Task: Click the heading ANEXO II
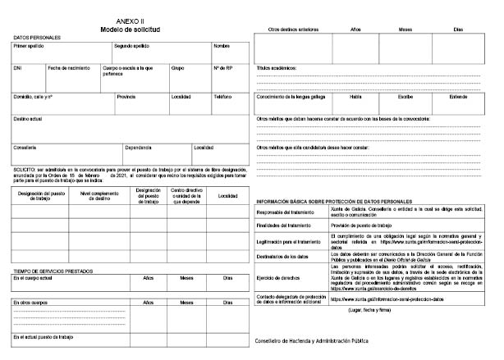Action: click(x=131, y=20)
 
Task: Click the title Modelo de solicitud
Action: click(x=131, y=28)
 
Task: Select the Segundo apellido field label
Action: click(x=131, y=46)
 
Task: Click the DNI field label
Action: click(x=17, y=67)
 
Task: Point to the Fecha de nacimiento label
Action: click(x=67, y=67)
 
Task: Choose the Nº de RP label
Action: click(x=223, y=67)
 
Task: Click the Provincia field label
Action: click(x=126, y=96)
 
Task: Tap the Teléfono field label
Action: click(x=223, y=96)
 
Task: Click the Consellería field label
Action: click(x=25, y=148)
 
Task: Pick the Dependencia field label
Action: click(x=139, y=148)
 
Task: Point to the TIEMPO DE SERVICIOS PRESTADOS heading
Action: click(x=51, y=271)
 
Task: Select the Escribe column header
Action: click(x=406, y=96)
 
